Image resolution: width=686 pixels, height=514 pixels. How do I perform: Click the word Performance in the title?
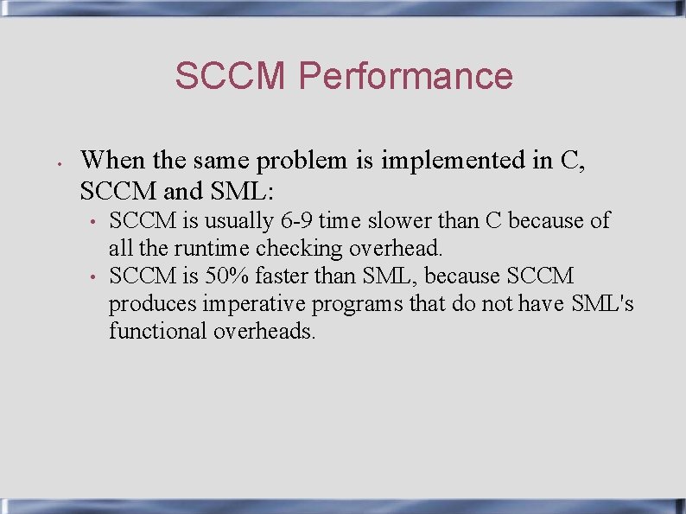pos(405,76)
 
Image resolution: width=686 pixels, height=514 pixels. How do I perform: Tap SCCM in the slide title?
pos(230,76)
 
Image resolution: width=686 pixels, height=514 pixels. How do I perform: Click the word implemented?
pos(448,160)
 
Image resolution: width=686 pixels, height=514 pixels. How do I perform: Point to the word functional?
pos(158,331)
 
